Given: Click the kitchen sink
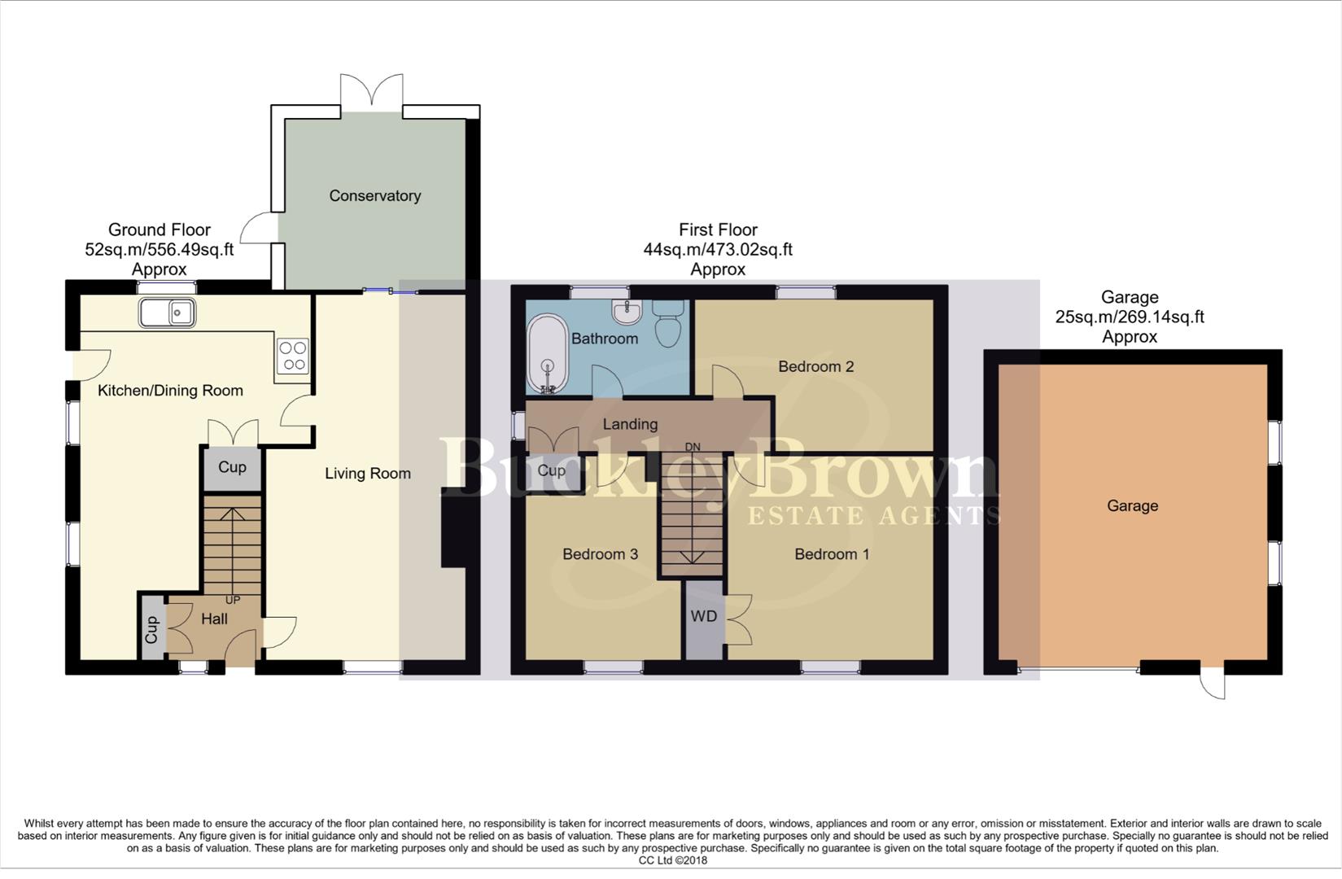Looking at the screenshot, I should pos(167,313).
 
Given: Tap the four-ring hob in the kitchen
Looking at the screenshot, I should pos(293,356).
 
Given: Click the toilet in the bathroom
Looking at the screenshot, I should pos(669,324).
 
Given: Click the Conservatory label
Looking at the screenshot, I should pos(374,196).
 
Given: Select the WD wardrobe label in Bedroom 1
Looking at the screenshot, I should pos(704,617).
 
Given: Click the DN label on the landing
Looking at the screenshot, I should pos(693,447).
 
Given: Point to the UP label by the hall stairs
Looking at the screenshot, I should pos(233,601).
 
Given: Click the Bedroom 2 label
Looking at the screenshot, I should pos(815,367).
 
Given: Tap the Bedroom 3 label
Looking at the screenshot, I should pos(600,554).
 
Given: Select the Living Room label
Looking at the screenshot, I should pos(367,474).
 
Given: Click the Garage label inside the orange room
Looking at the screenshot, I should pos(1132,506).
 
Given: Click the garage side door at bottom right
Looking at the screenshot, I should pos(1213,682).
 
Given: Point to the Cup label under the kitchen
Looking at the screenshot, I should pos(232,467).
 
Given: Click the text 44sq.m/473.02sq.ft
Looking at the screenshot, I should pos(718,250).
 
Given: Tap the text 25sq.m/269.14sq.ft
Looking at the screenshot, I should pos(1130,317).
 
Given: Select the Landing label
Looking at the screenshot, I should pos(630,424).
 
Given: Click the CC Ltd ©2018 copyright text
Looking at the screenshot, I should pos(672,860).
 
